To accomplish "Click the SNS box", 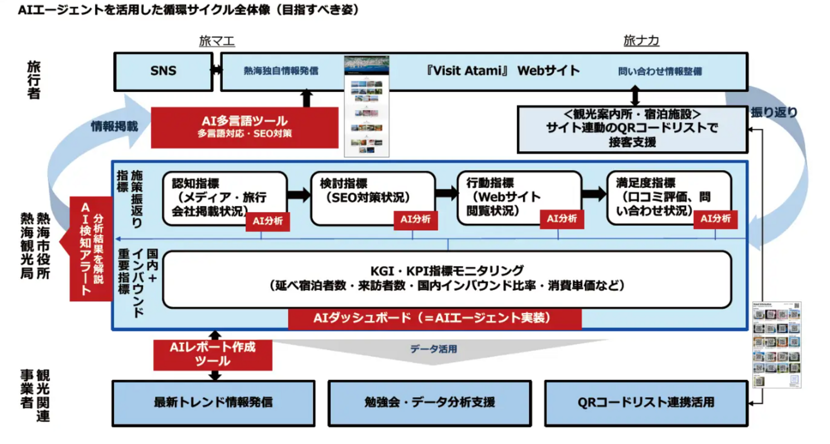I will (x=163, y=71).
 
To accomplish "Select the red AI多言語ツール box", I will (x=244, y=127).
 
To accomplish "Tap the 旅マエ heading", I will (x=217, y=41).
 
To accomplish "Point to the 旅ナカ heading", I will (x=641, y=41).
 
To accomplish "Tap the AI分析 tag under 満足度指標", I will (x=715, y=219).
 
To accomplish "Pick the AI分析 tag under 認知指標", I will (x=268, y=221).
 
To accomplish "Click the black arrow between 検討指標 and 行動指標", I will (x=446, y=193).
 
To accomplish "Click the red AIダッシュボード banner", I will (x=434, y=318).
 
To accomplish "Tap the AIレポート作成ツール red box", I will (x=213, y=354).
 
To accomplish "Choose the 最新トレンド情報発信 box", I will (x=213, y=402).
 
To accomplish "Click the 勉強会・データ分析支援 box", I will (x=430, y=402).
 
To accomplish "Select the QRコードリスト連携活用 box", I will (x=646, y=402).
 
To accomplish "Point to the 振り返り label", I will (x=773, y=112).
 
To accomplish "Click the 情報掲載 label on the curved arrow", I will (x=115, y=126).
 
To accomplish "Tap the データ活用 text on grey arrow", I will (x=434, y=349).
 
